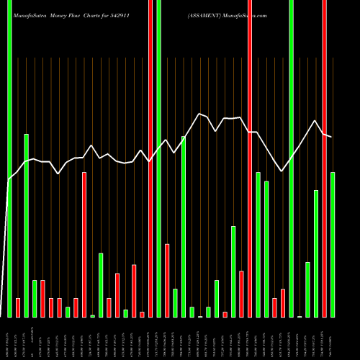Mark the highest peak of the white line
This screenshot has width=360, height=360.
[x=199, y=114]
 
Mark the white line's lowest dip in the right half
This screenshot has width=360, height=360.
[x=282, y=171]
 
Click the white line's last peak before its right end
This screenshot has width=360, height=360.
[x=315, y=120]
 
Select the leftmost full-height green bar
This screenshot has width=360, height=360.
[x=9, y=158]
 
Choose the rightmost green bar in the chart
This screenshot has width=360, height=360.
[x=333, y=245]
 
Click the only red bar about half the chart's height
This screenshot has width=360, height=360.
[x=84, y=245]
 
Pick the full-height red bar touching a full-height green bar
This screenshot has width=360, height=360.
[x=150, y=158]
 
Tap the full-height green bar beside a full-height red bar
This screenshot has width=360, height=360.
[x=158, y=158]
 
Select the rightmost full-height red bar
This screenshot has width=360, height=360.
[x=324, y=158]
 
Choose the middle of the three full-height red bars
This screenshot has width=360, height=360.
[x=249, y=158]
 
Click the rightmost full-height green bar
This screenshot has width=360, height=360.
[x=291, y=158]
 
